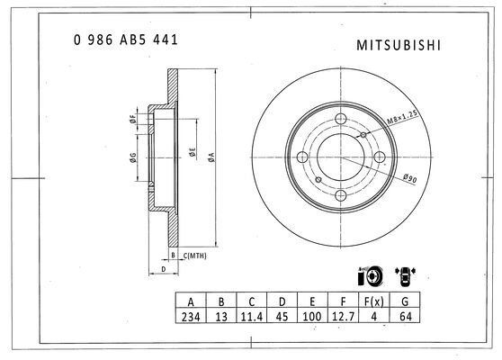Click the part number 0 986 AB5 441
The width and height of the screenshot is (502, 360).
pos(126,40)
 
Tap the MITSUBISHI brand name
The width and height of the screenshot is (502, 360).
pos(399,45)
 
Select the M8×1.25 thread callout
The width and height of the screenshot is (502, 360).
pos(402,117)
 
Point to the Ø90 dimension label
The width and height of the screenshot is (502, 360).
pos(410,178)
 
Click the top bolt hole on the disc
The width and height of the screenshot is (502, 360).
pos(341,119)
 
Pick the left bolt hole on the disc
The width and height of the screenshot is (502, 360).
pos(302,157)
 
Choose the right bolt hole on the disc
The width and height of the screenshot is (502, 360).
pos(380,157)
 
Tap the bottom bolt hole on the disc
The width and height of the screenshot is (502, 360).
pos(341,195)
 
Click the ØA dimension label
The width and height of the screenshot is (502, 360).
pos(211,157)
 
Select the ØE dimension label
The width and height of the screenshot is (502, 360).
pos(193,152)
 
